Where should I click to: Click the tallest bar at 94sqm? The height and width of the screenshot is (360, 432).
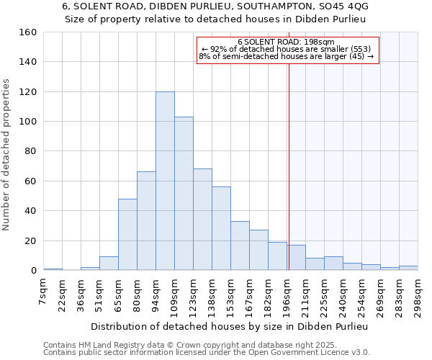point(165,181)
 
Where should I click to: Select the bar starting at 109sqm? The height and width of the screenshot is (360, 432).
point(184,194)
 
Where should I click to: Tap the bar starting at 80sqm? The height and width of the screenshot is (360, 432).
point(146,221)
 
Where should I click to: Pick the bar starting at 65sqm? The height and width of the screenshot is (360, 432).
point(127,234)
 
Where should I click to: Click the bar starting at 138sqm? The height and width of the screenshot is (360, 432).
point(221,228)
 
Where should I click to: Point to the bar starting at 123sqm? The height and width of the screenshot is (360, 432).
point(202,220)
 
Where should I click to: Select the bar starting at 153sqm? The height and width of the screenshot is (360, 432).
point(240,246)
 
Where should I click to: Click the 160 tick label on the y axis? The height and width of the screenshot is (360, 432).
point(27,32)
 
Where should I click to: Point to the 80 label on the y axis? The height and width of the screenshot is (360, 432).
point(30,151)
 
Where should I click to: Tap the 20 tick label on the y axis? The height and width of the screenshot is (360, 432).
point(30,240)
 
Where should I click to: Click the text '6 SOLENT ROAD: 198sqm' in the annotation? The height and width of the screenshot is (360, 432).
point(286,42)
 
